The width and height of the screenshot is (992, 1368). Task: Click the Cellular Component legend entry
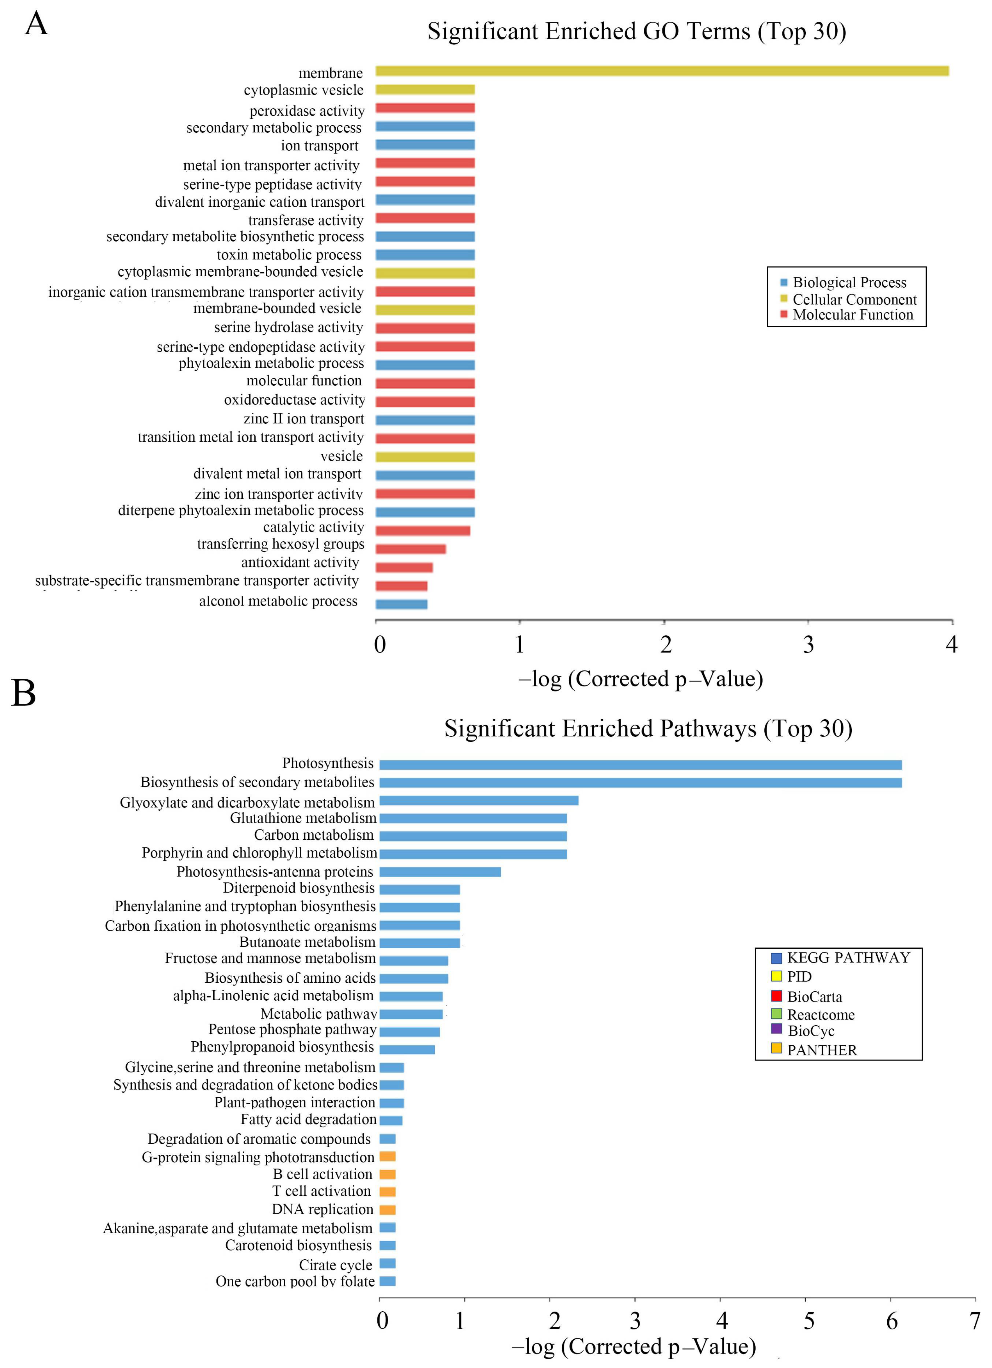pos(854,299)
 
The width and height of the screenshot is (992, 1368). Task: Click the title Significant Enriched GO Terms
pos(637,32)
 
